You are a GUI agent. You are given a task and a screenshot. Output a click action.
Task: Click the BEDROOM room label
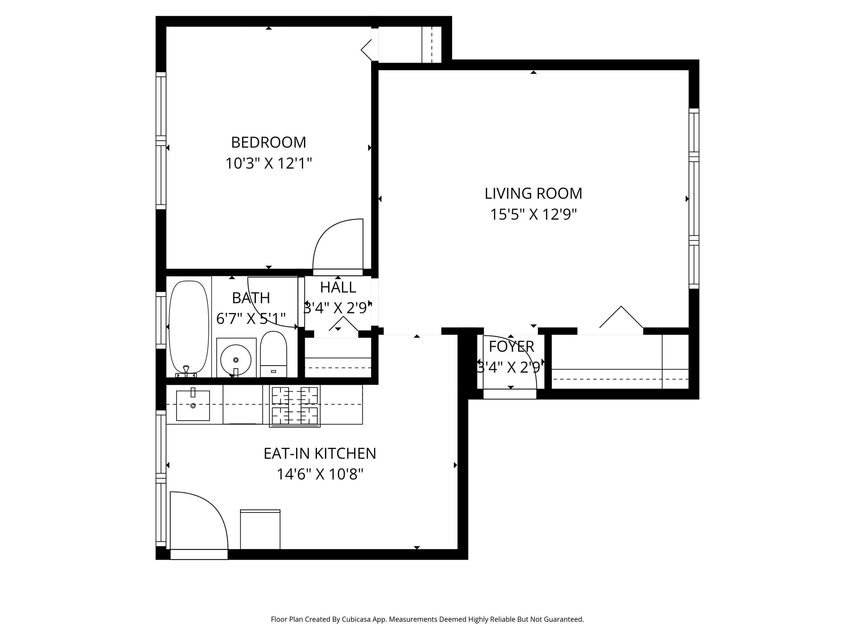[x=268, y=143]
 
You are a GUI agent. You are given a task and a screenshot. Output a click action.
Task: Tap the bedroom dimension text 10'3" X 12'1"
[x=268, y=163]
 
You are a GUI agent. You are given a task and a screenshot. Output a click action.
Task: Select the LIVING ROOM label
[x=533, y=194]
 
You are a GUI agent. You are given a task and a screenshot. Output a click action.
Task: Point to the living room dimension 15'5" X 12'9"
[x=533, y=215]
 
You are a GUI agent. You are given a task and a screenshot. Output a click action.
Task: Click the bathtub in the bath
[x=189, y=327]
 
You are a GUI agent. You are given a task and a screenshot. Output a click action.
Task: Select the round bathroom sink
[x=236, y=359]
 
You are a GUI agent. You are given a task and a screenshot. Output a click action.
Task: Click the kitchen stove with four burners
[x=295, y=406]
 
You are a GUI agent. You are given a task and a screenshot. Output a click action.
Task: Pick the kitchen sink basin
[x=193, y=406]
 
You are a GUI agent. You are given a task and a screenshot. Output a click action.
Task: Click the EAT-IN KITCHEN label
[x=320, y=454]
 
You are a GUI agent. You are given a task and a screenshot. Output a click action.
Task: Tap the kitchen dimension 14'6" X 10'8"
[x=320, y=474]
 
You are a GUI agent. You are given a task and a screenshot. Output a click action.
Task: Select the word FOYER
[x=511, y=347]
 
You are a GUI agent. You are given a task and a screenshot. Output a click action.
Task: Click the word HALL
[x=338, y=288]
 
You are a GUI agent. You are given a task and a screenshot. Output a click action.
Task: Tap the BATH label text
[x=251, y=298]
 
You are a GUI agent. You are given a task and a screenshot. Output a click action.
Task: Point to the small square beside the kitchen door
[x=260, y=530]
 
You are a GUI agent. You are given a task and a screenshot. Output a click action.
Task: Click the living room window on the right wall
[x=694, y=199]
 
